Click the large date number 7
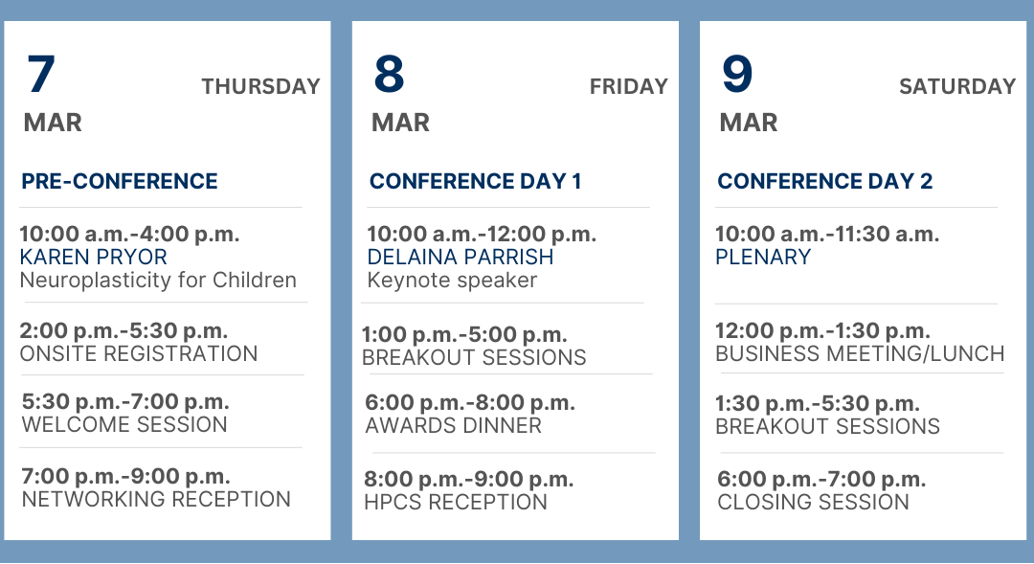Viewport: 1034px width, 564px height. [x=41, y=74]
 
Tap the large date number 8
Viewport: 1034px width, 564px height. [x=389, y=74]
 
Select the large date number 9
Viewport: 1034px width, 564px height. [x=737, y=74]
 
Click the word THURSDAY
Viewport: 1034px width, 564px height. [x=260, y=86]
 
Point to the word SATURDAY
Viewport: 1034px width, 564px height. [x=957, y=86]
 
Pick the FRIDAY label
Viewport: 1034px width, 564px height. [x=628, y=86]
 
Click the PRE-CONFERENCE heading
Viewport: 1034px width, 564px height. [x=120, y=181]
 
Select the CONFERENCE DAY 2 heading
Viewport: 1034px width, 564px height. [x=825, y=181]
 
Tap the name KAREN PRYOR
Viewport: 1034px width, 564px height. [x=94, y=257]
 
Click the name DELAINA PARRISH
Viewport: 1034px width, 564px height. [x=461, y=257]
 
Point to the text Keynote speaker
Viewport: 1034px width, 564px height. [x=452, y=281]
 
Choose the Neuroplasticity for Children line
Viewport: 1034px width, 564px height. [x=158, y=281]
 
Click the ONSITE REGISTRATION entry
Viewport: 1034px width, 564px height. [x=139, y=353]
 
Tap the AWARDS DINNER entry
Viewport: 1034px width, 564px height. [x=454, y=425]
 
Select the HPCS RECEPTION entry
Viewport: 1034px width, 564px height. [x=456, y=502]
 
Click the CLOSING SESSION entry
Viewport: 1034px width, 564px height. [x=813, y=502]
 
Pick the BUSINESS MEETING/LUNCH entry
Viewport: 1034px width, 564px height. [x=860, y=353]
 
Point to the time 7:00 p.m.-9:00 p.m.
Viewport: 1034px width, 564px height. [x=126, y=476]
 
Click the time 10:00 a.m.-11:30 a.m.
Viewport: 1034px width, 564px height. [x=827, y=234]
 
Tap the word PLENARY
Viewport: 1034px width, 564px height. [x=763, y=257]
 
